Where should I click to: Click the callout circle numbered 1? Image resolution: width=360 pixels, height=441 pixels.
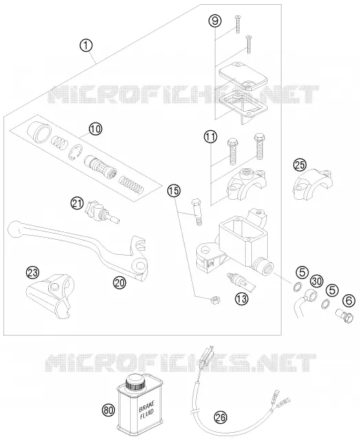point(86,45)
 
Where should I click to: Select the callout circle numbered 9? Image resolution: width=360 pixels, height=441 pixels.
point(215,21)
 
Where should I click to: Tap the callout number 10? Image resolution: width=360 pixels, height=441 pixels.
point(95,129)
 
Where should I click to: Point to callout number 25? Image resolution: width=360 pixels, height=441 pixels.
point(300,165)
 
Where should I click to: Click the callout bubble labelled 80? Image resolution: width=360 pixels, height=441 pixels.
point(109,411)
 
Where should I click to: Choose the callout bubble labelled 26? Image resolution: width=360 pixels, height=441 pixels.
point(220,417)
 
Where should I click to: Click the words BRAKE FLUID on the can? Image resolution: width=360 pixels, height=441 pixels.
point(147,410)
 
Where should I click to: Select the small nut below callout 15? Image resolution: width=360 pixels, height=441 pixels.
point(215,300)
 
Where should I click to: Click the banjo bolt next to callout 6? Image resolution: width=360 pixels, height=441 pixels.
point(345,316)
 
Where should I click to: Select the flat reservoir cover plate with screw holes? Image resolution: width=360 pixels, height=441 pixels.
point(242,75)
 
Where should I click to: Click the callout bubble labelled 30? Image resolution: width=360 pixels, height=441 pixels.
point(317,281)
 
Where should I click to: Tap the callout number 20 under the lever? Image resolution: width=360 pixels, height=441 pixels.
point(120,282)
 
